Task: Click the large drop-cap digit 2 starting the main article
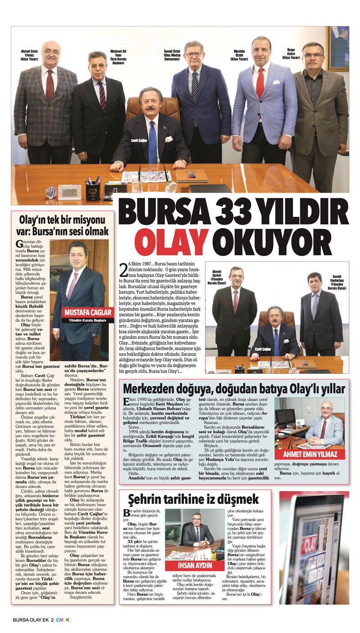124,274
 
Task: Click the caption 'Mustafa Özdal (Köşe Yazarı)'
239,54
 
